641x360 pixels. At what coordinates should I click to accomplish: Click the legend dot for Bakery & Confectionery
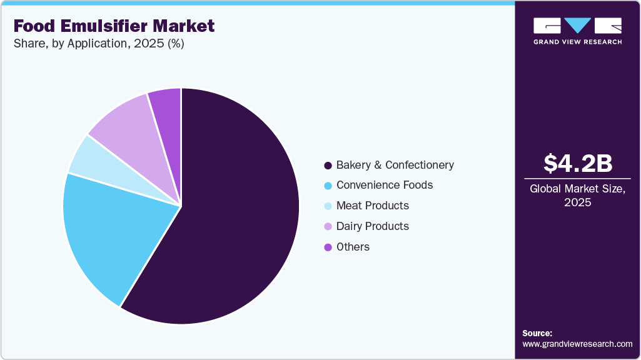[327, 166]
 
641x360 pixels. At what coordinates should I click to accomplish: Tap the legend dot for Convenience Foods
[327, 186]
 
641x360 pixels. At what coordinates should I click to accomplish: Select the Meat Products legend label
[373, 206]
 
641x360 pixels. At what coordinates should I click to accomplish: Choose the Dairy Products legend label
[373, 226]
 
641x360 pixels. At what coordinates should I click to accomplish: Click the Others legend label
[353, 247]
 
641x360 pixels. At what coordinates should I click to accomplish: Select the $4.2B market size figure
[577, 164]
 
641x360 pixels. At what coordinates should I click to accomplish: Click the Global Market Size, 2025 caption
[577, 195]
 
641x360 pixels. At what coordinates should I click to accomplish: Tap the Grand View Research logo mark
[577, 26]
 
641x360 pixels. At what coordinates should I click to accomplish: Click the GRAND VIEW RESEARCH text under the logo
[577, 42]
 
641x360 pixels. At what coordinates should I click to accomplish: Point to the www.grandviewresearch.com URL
[577, 344]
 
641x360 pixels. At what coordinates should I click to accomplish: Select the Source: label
[537, 333]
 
